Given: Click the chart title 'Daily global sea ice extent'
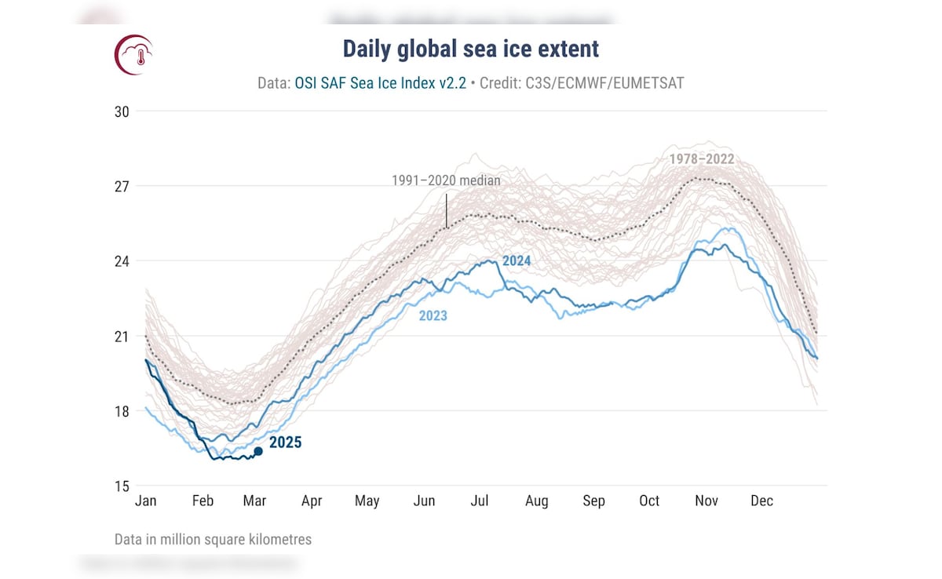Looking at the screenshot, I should pyautogui.click(x=470, y=49).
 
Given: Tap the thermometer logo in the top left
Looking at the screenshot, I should pyautogui.click(x=134, y=55).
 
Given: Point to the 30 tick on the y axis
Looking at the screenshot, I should pyautogui.click(x=122, y=111).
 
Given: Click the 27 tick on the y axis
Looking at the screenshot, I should pyautogui.click(x=122, y=187).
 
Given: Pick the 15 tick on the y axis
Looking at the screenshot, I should pyautogui.click(x=122, y=486).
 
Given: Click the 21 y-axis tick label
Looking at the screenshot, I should pyautogui.click(x=122, y=337).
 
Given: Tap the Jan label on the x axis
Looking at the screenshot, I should pyautogui.click(x=145, y=501).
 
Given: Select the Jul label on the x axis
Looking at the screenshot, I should pyautogui.click(x=480, y=501).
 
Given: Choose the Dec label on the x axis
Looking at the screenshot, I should pyautogui.click(x=761, y=501).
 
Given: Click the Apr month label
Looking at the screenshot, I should pyautogui.click(x=312, y=501).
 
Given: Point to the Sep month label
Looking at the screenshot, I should pyautogui.click(x=593, y=501).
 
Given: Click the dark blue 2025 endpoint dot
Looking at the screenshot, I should pyautogui.click(x=258, y=451).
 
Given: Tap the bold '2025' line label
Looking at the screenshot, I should pyautogui.click(x=285, y=442).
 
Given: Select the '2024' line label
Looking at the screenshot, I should pyautogui.click(x=517, y=260).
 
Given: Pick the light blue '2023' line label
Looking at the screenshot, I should pyautogui.click(x=433, y=315).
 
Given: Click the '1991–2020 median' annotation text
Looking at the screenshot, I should pyautogui.click(x=446, y=180).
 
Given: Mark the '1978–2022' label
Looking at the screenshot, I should pyautogui.click(x=701, y=159).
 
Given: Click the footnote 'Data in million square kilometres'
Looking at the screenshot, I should pyautogui.click(x=213, y=540).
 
